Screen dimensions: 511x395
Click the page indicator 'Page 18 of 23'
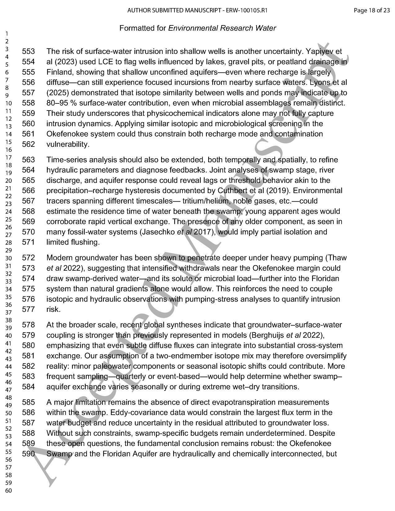click(372, 10)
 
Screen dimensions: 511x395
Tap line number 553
click(29, 51)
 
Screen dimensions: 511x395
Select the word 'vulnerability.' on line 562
click(68, 144)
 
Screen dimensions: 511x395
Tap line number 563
click(29, 160)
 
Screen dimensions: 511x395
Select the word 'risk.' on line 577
click(53, 309)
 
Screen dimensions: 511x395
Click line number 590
click(29, 454)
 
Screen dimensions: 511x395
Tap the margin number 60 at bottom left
click(8, 490)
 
